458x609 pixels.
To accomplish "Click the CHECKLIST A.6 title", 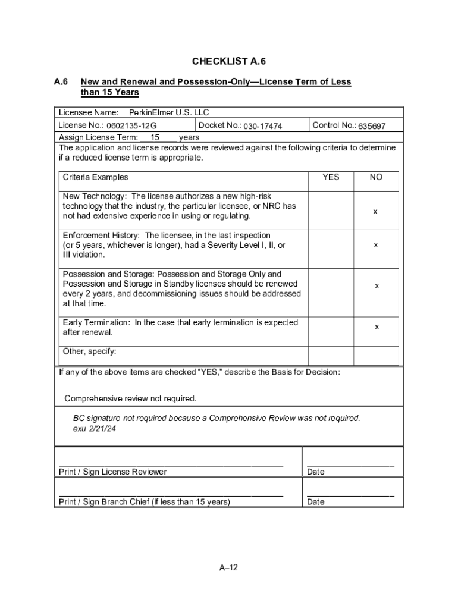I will tap(228, 62).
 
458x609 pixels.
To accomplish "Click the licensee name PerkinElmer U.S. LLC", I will tap(169, 112).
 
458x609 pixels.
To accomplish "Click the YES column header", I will tap(331, 177).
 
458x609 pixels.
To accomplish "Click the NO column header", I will tap(376, 177).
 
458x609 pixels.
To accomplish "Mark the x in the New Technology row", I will tap(375, 211).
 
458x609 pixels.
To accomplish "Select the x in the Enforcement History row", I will tap(376, 244).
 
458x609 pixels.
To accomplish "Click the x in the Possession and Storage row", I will tap(377, 286).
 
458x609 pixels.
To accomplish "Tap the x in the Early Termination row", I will tap(377, 327).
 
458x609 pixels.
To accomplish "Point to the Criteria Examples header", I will tap(95, 177).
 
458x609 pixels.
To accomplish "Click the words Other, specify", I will tap(89, 351).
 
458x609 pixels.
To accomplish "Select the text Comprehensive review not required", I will tap(130, 398).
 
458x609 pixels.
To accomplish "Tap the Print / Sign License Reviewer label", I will tap(113, 472).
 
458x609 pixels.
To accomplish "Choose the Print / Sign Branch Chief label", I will tap(145, 502).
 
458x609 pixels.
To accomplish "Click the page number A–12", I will tap(228, 567).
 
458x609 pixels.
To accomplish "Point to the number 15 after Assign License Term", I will tap(155, 137).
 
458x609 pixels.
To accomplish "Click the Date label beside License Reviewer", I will tap(315, 472).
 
